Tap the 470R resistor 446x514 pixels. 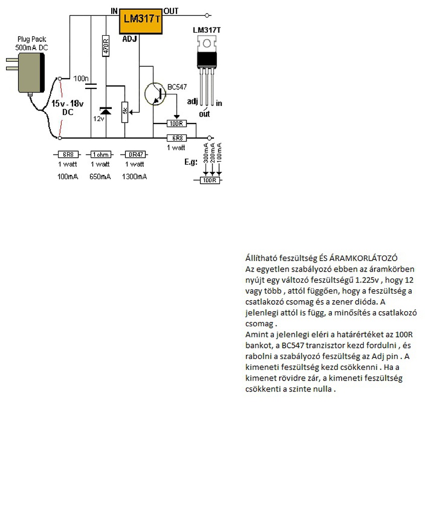coord(106,46)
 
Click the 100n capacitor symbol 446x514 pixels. coord(91,87)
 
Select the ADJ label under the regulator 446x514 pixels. coord(129,38)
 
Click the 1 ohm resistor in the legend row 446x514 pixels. coord(99,155)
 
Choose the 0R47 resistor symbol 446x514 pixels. coord(134,155)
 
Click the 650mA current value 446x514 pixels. coord(100,177)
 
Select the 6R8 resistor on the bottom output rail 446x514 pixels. coord(177,138)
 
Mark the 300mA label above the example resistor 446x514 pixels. coord(205,153)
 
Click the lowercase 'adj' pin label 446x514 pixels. coord(192,101)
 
